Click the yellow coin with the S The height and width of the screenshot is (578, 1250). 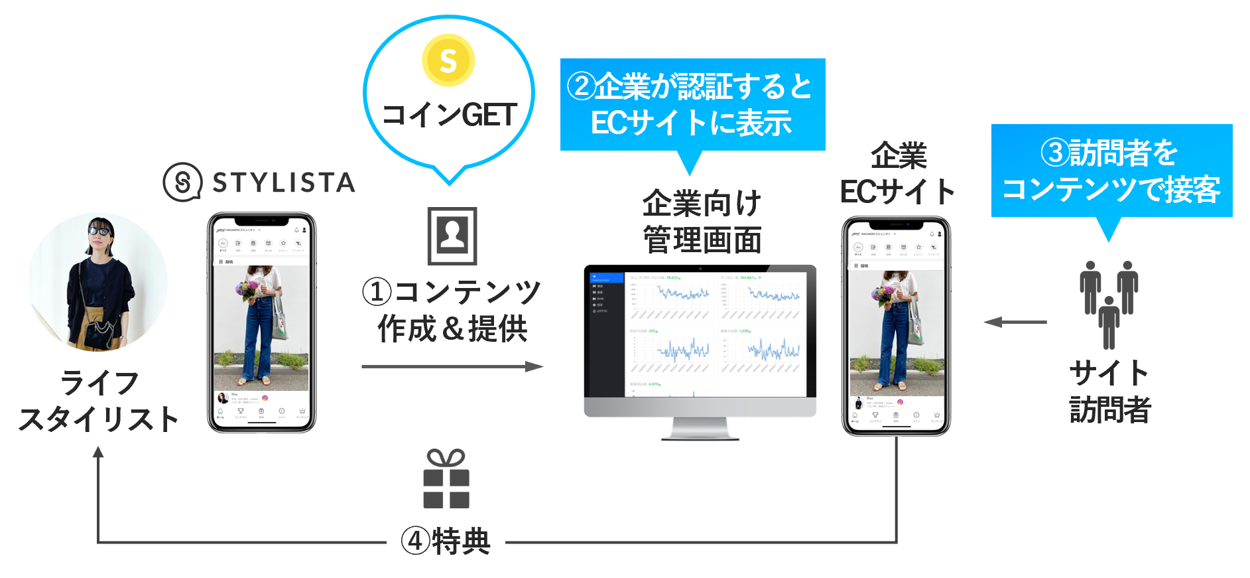click(448, 60)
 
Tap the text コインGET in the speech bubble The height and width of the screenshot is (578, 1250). click(449, 115)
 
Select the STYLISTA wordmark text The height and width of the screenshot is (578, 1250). click(284, 182)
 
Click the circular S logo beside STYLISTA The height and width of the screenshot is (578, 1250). click(182, 182)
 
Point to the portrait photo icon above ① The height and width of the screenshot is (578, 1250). click(452, 236)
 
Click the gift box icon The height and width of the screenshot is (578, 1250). click(446, 479)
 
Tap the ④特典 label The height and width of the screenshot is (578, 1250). click(446, 542)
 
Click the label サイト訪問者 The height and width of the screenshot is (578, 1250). click(1109, 392)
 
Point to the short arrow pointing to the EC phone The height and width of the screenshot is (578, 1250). click(1015, 323)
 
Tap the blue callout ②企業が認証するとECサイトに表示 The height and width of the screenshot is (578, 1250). click(692, 105)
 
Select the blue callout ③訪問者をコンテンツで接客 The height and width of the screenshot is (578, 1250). click(1111, 171)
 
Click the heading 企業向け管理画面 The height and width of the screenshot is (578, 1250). click(702, 221)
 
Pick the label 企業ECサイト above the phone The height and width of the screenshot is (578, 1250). click(897, 174)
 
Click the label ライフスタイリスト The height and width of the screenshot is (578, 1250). click(98, 401)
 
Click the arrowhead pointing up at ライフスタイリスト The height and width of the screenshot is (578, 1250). click(98, 452)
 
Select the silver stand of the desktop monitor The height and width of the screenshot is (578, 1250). click(700, 429)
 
